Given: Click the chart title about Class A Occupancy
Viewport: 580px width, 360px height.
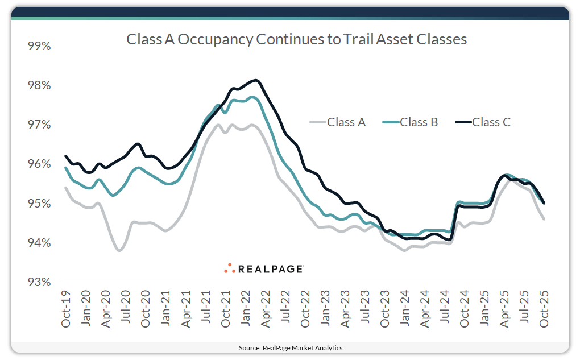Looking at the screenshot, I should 296,39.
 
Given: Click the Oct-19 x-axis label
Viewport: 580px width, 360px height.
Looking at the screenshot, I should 66,308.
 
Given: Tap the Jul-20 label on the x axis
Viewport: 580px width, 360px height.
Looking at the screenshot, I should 126,308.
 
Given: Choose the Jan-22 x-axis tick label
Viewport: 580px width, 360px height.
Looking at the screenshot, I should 246,308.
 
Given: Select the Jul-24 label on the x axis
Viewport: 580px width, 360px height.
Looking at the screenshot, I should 445,308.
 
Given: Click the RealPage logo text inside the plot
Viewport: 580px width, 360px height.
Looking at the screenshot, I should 270,269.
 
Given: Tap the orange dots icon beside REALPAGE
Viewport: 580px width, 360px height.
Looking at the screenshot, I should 230,268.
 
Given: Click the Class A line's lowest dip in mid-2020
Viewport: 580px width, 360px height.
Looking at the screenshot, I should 119,250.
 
